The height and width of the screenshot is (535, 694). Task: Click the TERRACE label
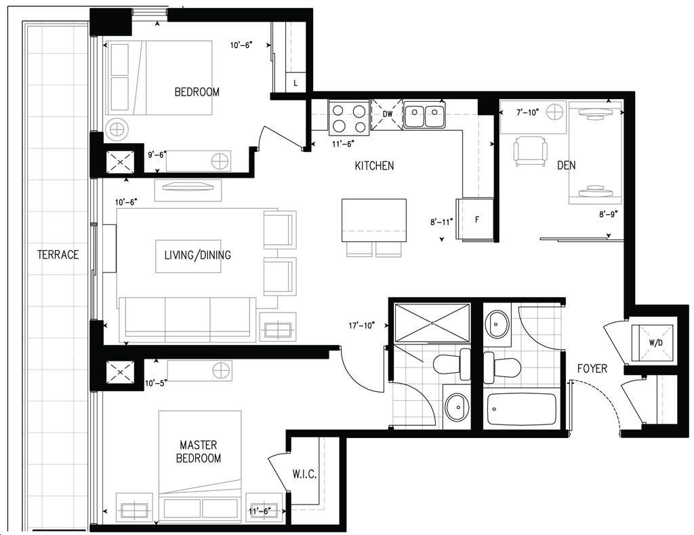pyautogui.click(x=58, y=255)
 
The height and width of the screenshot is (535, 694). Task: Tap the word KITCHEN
pyautogui.click(x=374, y=165)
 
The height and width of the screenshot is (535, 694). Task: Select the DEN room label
pyautogui.click(x=567, y=165)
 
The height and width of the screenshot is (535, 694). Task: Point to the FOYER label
pyautogui.click(x=592, y=368)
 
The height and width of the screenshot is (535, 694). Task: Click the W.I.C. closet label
pyautogui.click(x=304, y=475)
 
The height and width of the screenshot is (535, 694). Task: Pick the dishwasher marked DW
pyautogui.click(x=387, y=114)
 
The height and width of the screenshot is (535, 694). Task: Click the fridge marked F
pyautogui.click(x=475, y=219)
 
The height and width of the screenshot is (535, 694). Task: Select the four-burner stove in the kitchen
pyautogui.click(x=349, y=117)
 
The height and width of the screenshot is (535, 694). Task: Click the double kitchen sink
pyautogui.click(x=424, y=115)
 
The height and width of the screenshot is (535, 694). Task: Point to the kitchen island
pyautogui.click(x=374, y=220)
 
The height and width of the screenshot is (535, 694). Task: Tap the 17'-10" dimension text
pyautogui.click(x=362, y=325)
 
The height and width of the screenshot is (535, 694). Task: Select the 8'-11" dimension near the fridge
pyautogui.click(x=442, y=222)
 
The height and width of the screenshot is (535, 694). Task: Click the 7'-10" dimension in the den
pyautogui.click(x=527, y=113)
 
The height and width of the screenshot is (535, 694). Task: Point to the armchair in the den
pyautogui.click(x=530, y=151)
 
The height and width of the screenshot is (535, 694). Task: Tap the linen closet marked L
pyautogui.click(x=295, y=82)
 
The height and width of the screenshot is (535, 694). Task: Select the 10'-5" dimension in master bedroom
pyautogui.click(x=156, y=383)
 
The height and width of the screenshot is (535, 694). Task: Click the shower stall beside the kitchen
pyautogui.click(x=432, y=323)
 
